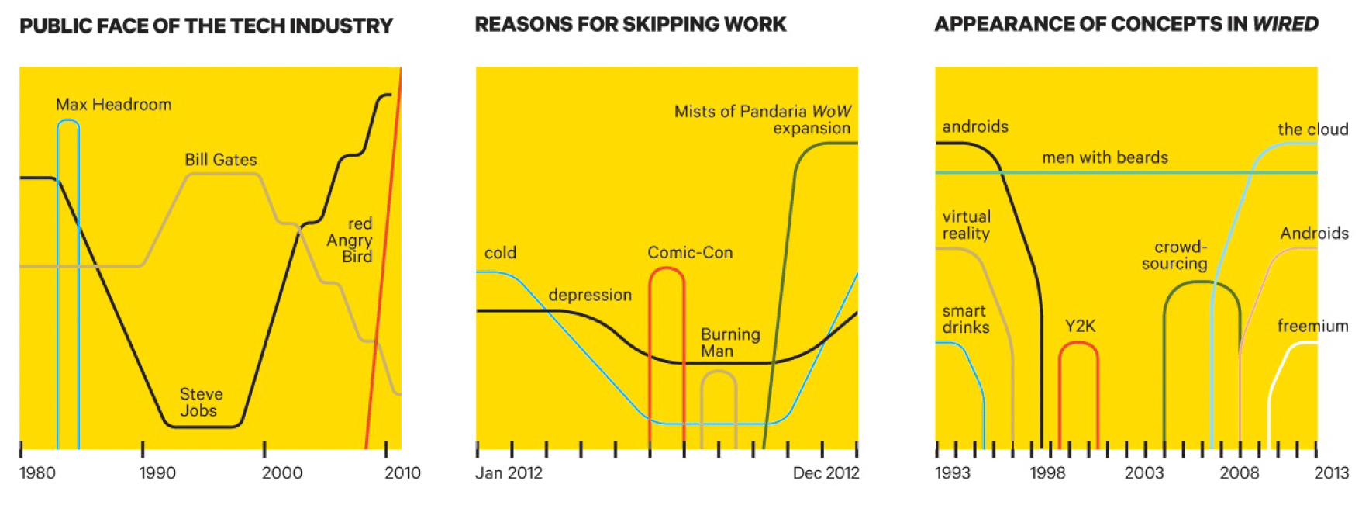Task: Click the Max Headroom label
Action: (x=114, y=105)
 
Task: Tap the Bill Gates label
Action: (x=221, y=160)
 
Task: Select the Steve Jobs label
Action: (x=201, y=403)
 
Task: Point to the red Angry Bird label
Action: (x=350, y=240)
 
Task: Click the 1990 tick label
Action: (x=157, y=473)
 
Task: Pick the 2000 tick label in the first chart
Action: (x=282, y=473)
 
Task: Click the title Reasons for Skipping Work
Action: (x=630, y=25)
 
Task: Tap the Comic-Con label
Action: (x=690, y=253)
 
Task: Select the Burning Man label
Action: (x=730, y=343)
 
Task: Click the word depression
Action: (x=590, y=296)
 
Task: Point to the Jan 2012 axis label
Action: (x=509, y=473)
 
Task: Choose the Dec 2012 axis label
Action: (x=826, y=473)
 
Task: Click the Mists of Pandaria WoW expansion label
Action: (x=763, y=119)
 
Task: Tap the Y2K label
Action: (x=1080, y=326)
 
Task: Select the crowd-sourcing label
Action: (x=1174, y=255)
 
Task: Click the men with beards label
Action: (x=1105, y=157)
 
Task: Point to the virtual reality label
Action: (x=966, y=225)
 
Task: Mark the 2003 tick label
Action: (x=1144, y=473)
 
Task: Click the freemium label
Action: (x=1312, y=326)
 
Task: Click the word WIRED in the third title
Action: (x=1285, y=25)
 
